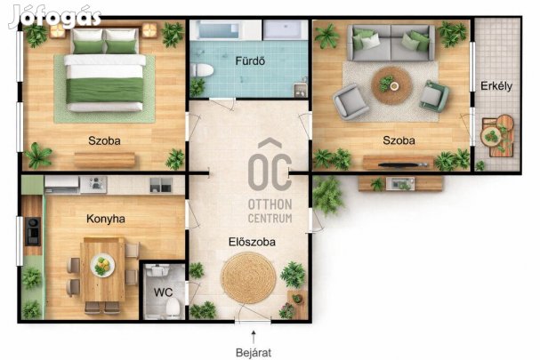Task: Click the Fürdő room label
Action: tap(250, 61)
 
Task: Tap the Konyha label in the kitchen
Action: tap(106, 219)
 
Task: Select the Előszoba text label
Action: tap(252, 242)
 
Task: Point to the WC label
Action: tap(163, 292)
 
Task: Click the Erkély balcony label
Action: tap(496, 85)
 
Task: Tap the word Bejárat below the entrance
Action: tap(254, 353)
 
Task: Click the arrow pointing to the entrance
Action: tap(254, 337)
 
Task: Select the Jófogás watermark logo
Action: tap(55, 17)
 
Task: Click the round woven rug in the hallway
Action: tap(248, 278)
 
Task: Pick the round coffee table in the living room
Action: tap(392, 85)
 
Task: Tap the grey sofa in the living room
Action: tap(391, 43)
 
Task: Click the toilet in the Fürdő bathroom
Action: tap(202, 70)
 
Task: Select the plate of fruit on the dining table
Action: tap(102, 266)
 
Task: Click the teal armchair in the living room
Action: tap(434, 96)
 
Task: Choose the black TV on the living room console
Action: tap(403, 164)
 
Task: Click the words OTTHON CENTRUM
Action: tap(270, 211)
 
